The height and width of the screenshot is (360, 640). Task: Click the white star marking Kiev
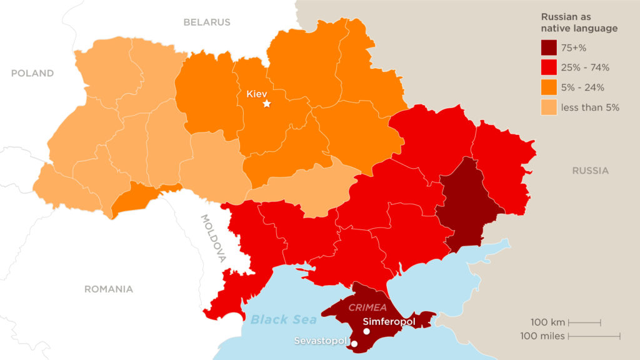pos(267,103)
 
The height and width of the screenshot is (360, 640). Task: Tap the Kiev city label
pos(257,93)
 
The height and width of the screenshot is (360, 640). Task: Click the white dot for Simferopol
pos(366,331)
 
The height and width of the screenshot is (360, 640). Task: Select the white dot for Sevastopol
pos(354,344)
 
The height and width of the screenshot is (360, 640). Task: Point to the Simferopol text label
pos(389,321)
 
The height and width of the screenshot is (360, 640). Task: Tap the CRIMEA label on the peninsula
pos(367,307)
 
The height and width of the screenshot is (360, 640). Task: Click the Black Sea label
pos(283,320)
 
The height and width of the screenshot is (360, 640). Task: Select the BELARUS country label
pos(207,22)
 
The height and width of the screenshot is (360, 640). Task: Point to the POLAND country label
pos(32,73)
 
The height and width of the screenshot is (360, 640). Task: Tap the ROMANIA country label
pos(109,289)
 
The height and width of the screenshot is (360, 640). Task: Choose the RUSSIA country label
pos(590,171)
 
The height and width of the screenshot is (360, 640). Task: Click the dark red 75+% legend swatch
pos(549,47)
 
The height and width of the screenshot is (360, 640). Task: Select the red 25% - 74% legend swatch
pos(549,67)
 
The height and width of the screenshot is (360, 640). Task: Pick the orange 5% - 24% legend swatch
pos(549,87)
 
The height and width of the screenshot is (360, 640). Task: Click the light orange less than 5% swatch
pos(549,107)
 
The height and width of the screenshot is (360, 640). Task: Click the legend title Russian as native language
pos(579,23)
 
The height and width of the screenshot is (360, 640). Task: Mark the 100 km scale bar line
pos(584,323)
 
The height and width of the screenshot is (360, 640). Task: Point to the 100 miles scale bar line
pos(594,336)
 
